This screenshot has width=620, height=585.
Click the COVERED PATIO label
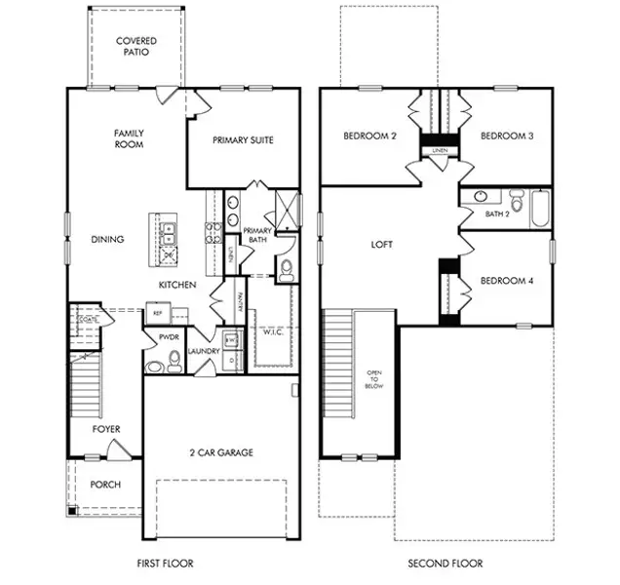(136, 47)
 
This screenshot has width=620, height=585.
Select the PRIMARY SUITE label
(243, 139)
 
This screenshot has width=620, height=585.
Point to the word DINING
(107, 239)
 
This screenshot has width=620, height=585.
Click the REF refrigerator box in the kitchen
(158, 313)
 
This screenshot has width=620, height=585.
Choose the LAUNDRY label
(204, 351)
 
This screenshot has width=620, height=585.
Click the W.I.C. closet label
(273, 331)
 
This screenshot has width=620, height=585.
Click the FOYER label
(106, 428)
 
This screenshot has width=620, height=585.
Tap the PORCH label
(105, 485)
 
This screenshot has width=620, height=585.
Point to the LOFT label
(382, 245)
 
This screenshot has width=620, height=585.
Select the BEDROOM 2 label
(369, 136)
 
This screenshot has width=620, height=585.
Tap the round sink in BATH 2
(480, 197)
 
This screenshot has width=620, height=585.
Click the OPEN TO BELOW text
(374, 379)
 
